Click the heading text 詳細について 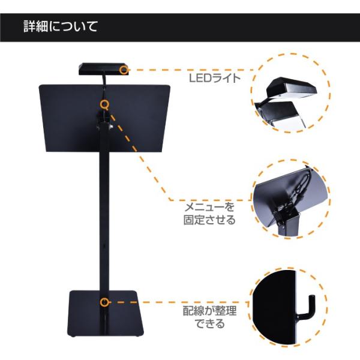[61, 27]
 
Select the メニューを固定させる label [209, 213]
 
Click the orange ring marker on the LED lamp [124, 70]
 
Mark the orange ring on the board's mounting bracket [105, 104]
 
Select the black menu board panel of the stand [66, 120]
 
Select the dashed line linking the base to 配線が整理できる [174, 303]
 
